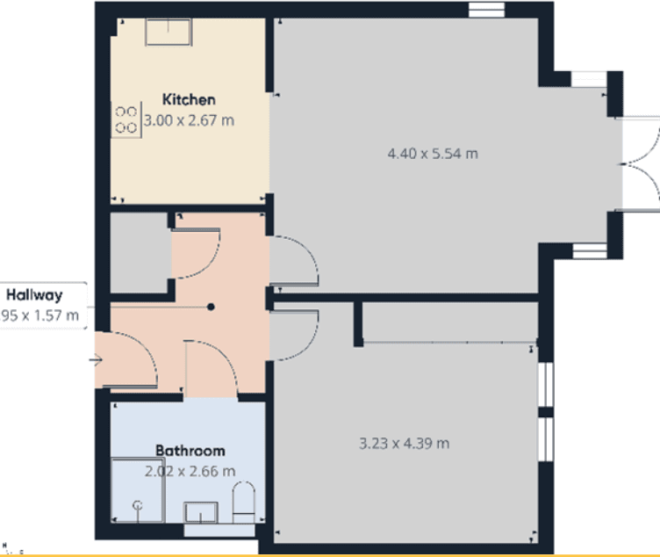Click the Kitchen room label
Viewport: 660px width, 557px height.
(x=188, y=100)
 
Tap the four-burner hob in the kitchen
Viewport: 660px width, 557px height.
(x=126, y=120)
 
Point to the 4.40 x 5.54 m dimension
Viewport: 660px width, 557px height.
(x=432, y=154)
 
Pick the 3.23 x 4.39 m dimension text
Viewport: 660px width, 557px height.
(x=405, y=444)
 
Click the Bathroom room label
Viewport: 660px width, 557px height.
(x=190, y=451)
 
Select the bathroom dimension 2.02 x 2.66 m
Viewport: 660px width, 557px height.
(x=190, y=471)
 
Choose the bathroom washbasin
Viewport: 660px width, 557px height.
(x=204, y=511)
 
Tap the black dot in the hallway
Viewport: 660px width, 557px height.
(x=211, y=307)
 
